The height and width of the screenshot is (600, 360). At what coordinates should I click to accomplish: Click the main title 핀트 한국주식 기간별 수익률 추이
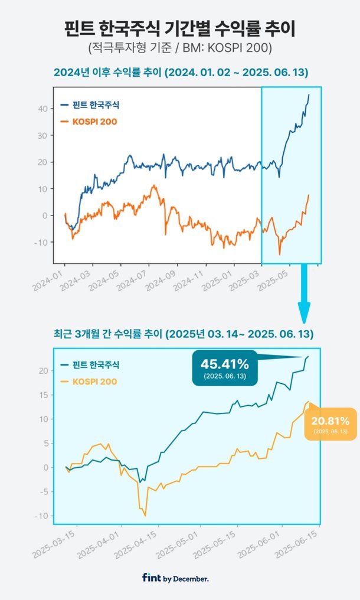tap(179, 28)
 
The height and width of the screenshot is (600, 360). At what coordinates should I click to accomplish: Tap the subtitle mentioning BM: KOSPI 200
tap(179, 48)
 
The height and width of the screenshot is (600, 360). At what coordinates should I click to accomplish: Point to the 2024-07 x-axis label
tap(133, 280)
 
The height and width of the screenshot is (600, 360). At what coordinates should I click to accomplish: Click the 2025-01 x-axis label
tap(218, 280)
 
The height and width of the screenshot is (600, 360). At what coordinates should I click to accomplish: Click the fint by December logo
tap(175, 579)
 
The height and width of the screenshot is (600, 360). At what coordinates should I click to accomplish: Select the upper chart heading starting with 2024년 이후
tap(179, 73)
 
